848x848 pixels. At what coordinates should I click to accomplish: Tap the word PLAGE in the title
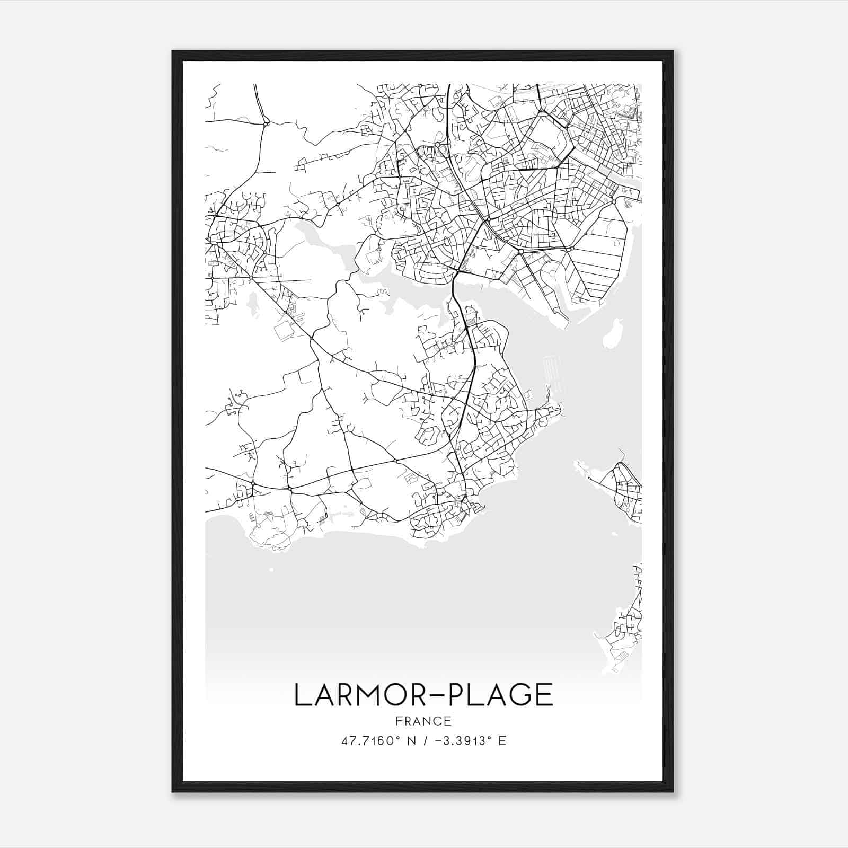click(500, 695)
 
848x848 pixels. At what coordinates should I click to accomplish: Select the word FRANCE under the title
click(423, 721)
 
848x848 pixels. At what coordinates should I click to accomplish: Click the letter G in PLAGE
click(519, 695)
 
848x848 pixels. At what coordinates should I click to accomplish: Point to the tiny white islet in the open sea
click(271, 570)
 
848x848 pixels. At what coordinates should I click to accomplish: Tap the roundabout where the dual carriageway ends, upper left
click(266, 124)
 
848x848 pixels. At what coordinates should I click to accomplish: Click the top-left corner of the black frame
click(173, 51)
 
